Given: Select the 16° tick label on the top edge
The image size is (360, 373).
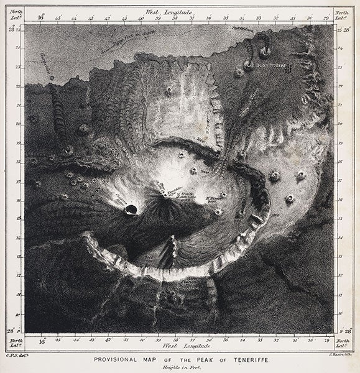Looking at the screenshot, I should pyautogui.click(x=41, y=19).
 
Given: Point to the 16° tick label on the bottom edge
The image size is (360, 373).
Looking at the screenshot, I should pyautogui.click(x=43, y=341).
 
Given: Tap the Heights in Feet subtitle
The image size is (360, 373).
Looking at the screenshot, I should pyautogui.click(x=180, y=367).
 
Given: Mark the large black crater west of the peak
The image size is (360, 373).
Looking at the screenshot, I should pyautogui.click(x=131, y=210).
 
